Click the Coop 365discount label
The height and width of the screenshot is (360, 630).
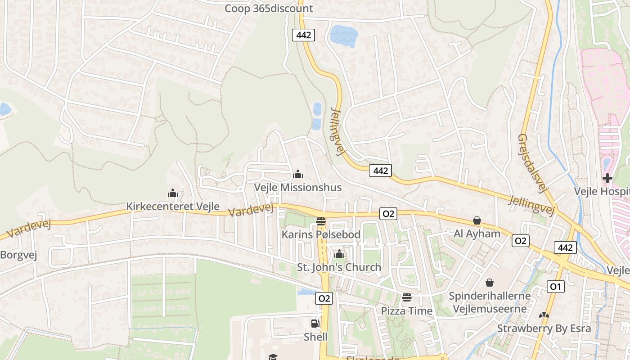click(269, 8)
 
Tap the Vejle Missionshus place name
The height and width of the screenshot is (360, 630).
click(297, 187)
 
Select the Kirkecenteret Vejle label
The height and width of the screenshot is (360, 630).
click(173, 207)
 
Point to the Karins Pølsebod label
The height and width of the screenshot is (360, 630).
click(321, 234)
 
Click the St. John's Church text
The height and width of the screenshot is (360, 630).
click(339, 267)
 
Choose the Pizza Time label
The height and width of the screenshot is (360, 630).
click(406, 311)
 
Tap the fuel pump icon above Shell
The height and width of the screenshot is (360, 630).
click(315, 323)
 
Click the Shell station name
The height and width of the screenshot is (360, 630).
click(315, 337)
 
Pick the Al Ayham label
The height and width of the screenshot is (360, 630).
click(477, 234)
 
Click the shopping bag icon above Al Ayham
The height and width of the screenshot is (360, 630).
click(477, 220)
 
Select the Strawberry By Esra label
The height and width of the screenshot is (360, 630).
click(544, 328)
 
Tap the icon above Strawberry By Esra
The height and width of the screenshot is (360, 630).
click(544, 316)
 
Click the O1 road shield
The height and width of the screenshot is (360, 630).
click(555, 286)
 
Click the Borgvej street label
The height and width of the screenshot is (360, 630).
click(18, 255)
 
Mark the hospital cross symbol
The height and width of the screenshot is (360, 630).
click(607, 178)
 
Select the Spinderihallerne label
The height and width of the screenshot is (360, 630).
click(490, 296)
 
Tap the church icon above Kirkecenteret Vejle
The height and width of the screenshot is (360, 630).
click(173, 193)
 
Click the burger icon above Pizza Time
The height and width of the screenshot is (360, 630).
click(407, 297)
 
